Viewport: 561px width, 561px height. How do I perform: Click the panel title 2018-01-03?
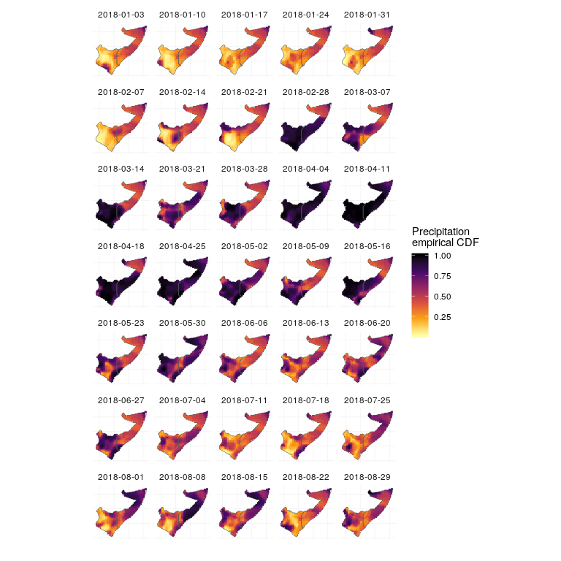(x=121, y=15)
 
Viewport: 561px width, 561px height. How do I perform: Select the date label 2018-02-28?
(x=306, y=91)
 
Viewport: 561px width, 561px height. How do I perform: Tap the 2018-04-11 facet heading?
(x=367, y=169)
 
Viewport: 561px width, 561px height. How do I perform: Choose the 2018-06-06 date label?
(x=244, y=322)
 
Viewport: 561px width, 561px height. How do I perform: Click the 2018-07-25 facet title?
(x=367, y=399)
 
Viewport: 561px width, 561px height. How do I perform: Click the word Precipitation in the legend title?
(x=440, y=232)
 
